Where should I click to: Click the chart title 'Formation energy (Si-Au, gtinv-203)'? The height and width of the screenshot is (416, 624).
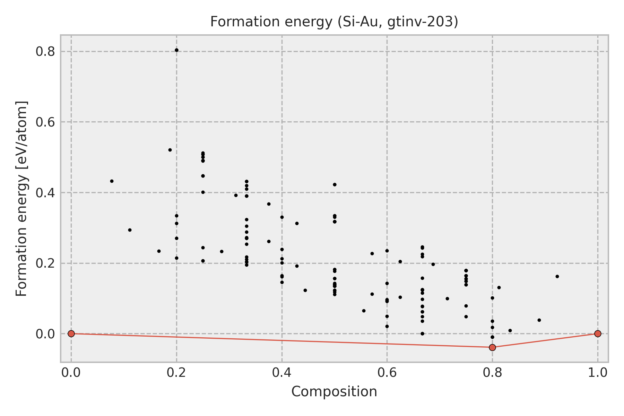[334, 22]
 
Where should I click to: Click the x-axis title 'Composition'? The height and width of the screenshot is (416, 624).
[334, 392]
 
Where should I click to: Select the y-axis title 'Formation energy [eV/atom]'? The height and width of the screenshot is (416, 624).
[21, 199]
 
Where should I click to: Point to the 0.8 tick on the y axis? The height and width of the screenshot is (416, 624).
[45, 52]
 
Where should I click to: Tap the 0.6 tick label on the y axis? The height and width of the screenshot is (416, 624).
[45, 122]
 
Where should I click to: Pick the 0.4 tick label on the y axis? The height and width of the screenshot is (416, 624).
[45, 193]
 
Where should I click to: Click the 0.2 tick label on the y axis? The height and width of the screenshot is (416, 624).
[45, 263]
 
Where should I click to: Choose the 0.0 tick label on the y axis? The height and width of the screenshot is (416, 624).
[45, 334]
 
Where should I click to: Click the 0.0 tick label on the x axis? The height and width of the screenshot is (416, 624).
[71, 373]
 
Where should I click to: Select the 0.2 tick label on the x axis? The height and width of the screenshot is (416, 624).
[176, 373]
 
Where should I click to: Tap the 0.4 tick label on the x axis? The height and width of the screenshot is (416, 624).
[282, 373]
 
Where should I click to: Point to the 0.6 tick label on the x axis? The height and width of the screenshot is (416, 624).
[387, 373]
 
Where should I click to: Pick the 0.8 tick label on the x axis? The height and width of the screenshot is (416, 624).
[492, 373]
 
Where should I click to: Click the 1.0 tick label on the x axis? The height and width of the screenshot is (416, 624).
[598, 373]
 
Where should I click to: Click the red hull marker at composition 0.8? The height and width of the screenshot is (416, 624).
[492, 347]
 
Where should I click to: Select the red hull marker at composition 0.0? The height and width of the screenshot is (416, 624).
[71, 333]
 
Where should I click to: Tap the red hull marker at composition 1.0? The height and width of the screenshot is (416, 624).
[598, 333]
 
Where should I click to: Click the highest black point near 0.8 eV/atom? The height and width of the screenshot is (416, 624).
[176, 50]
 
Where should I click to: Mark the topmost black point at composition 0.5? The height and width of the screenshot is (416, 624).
[335, 184]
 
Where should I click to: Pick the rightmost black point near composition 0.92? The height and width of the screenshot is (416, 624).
[557, 276]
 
